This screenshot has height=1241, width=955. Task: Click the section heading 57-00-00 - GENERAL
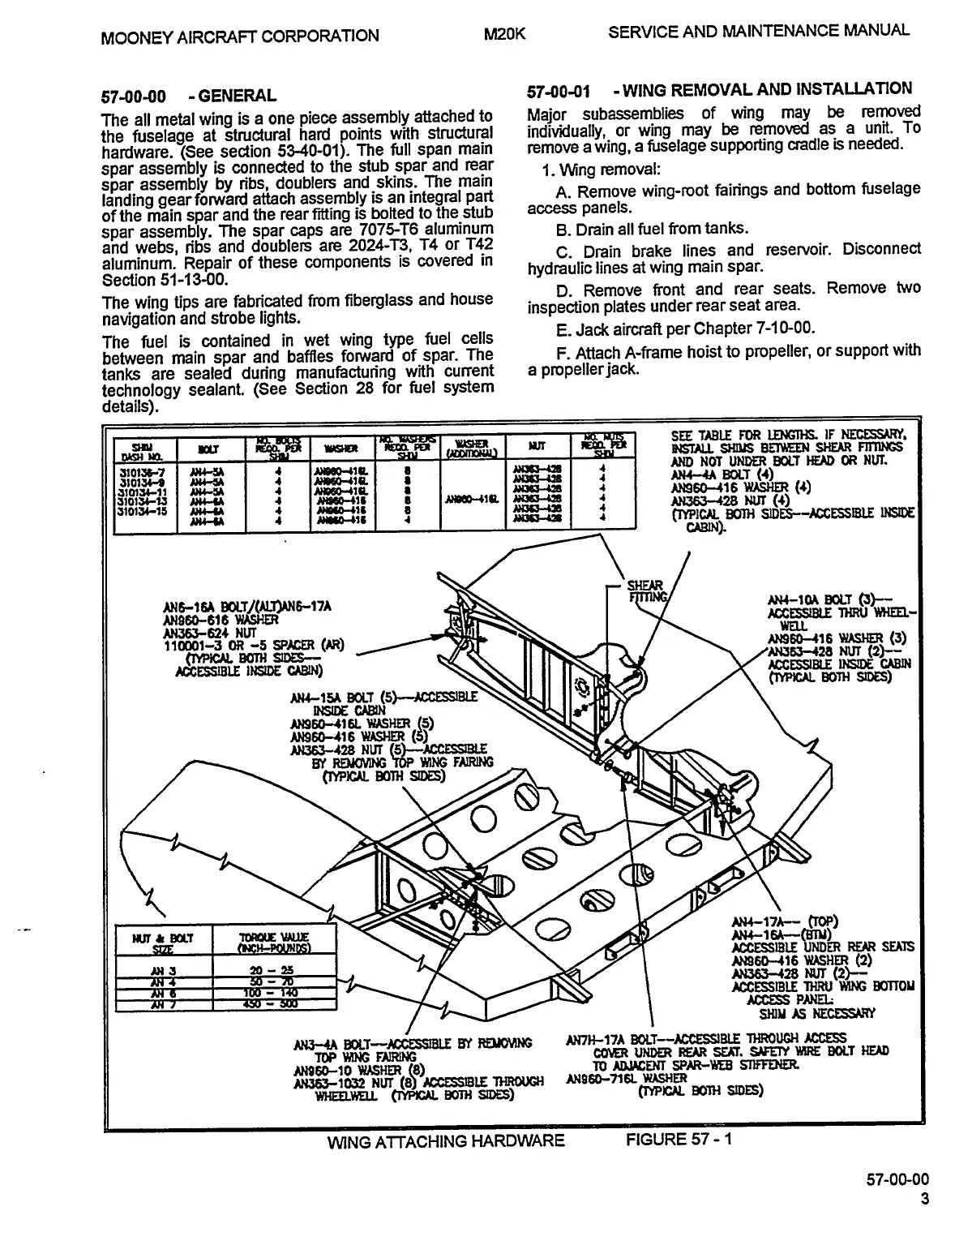coord(188,96)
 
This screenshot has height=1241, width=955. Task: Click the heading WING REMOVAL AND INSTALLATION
coord(769,88)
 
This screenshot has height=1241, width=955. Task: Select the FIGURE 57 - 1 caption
coord(679,1139)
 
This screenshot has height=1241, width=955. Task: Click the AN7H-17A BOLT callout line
coord(705,1037)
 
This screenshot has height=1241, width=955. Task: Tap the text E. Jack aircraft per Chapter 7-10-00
coord(685,328)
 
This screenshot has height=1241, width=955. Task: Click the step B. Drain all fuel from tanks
coord(652,228)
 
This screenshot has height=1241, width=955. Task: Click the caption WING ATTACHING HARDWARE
coord(445,1141)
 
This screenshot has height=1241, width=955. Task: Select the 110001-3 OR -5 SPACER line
coord(253,645)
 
